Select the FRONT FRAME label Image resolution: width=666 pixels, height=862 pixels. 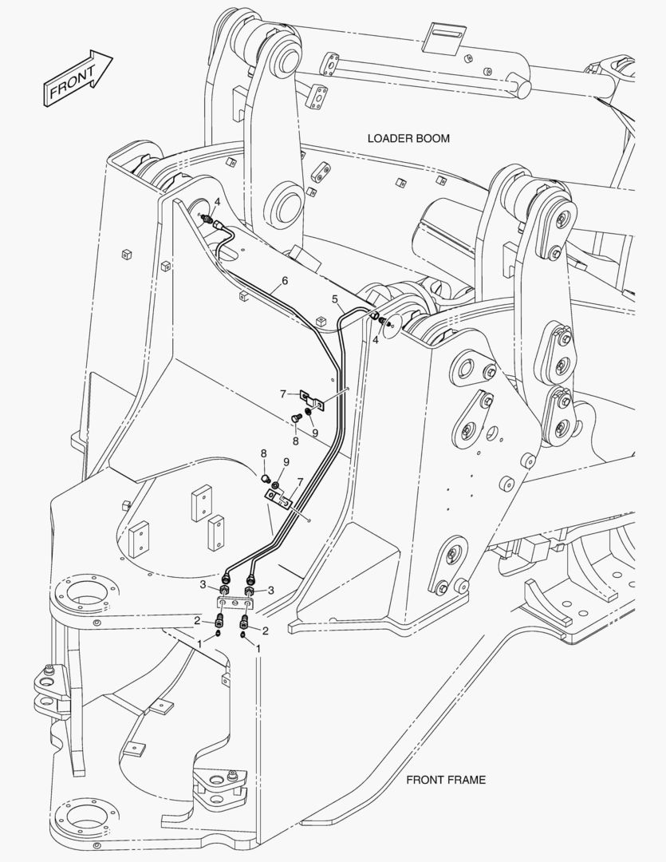[446, 780]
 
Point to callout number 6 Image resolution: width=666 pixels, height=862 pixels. [284, 281]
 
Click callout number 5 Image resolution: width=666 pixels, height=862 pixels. [337, 299]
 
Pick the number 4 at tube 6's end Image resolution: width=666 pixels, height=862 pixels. [217, 203]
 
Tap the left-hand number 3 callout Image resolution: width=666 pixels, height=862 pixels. [203, 587]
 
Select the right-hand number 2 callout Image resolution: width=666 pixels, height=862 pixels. [265, 630]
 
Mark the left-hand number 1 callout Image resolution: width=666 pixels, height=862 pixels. [199, 643]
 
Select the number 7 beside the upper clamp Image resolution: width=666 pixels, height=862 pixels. [282, 393]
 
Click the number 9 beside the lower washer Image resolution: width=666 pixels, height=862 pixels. [286, 462]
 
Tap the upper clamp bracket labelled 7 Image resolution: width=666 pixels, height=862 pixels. [310, 398]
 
